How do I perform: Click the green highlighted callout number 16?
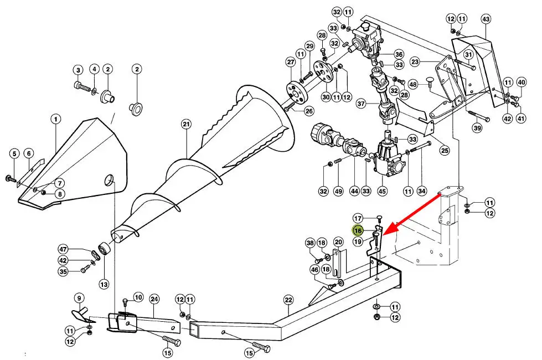pyautogui.click(x=358, y=230)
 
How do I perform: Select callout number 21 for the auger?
pyautogui.click(x=185, y=124)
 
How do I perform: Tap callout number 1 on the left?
pyautogui.click(x=55, y=119)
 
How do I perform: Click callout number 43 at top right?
pyautogui.click(x=486, y=19)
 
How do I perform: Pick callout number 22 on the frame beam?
pyautogui.click(x=288, y=300)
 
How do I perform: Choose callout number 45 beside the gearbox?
pyautogui.click(x=382, y=192)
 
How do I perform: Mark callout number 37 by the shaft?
pyautogui.click(x=361, y=104)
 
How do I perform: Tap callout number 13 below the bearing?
pyautogui.click(x=104, y=284)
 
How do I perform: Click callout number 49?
pyautogui.click(x=339, y=192)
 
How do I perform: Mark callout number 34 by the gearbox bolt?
pyautogui.click(x=422, y=192)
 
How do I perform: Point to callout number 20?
pyautogui.click(x=338, y=241)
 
